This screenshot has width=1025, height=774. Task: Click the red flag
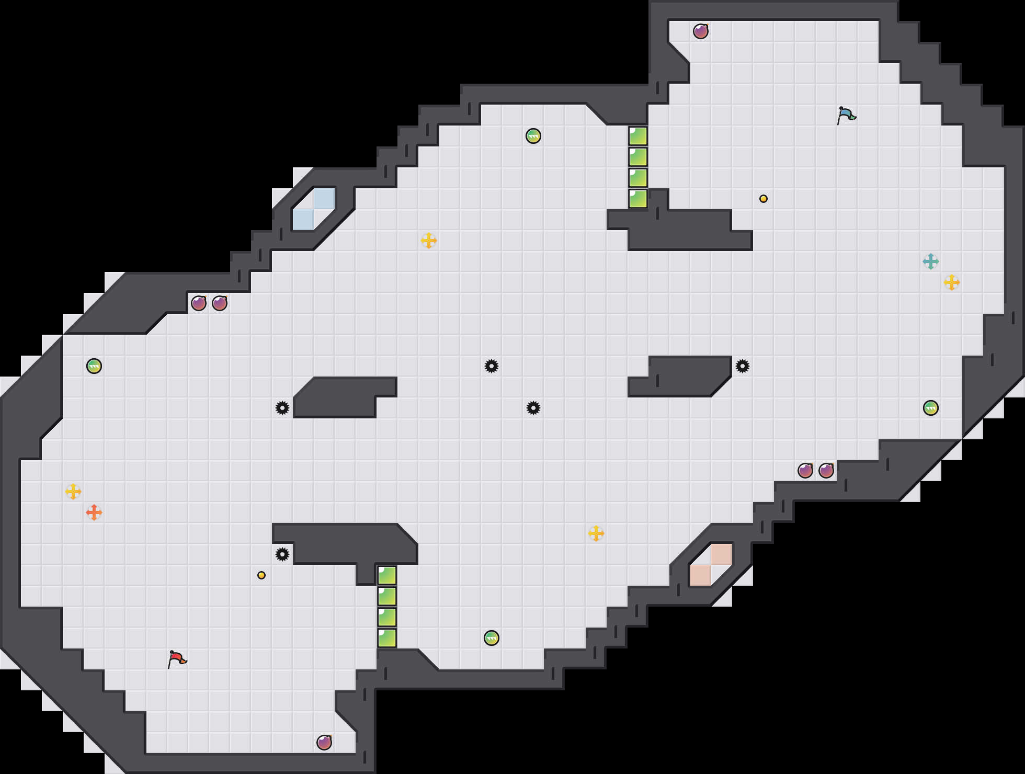[177, 659]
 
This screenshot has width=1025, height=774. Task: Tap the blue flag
[846, 115]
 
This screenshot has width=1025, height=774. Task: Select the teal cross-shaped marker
[931, 261]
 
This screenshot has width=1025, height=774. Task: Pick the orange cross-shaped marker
[94, 513]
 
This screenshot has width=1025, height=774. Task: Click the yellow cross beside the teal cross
[952, 282]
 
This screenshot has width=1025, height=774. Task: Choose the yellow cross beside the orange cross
[73, 492]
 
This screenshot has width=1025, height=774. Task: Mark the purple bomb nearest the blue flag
[701, 31]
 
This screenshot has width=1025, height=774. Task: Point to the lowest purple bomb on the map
[324, 743]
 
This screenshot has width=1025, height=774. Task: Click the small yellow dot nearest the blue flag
[764, 199]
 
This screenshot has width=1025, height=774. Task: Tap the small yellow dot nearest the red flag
[261, 575]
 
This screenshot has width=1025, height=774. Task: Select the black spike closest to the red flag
[282, 554]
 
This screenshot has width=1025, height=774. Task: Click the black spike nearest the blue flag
[743, 366]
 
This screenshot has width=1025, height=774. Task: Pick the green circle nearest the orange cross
[94, 366]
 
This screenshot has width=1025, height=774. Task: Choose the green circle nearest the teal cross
[931, 408]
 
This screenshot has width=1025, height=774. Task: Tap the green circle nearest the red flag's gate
[492, 638]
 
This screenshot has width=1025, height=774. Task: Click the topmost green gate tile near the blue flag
[638, 136]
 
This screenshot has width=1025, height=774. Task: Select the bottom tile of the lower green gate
[387, 638]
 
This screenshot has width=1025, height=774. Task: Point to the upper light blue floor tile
[324, 199]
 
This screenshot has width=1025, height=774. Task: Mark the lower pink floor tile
[701, 575]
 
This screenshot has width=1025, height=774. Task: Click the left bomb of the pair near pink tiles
[805, 471]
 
